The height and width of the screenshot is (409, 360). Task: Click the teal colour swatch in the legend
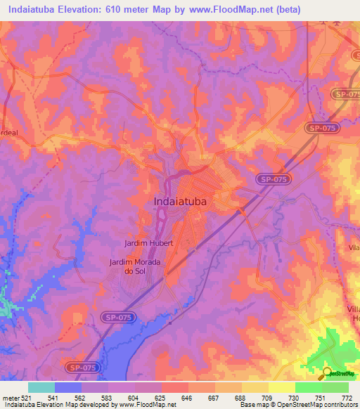pyautogui.click(x=41, y=387)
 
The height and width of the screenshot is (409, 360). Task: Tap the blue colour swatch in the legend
pyautogui.click(x=68, y=387)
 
